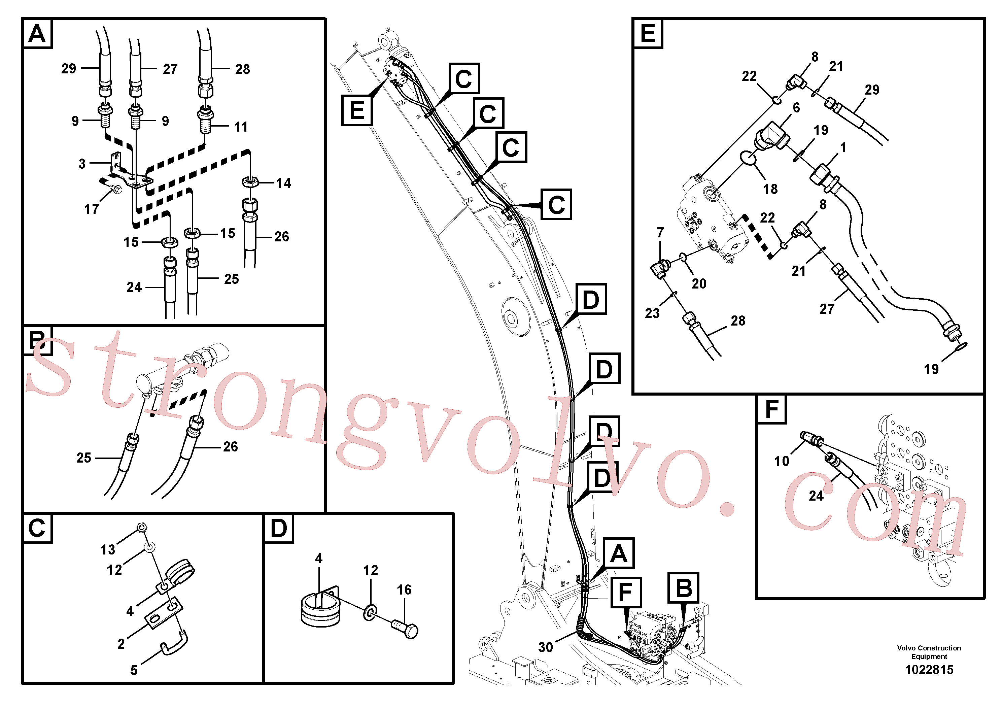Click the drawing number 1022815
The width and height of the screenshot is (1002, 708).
pyautogui.click(x=929, y=670)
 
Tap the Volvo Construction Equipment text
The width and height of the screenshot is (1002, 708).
pyautogui.click(x=929, y=652)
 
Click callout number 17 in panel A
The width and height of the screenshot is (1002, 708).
pyautogui.click(x=92, y=209)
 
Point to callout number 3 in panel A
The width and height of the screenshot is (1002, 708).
pyautogui.click(x=82, y=164)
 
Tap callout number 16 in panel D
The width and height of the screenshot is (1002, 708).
pyautogui.click(x=404, y=590)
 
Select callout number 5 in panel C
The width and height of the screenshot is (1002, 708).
pyautogui.click(x=134, y=670)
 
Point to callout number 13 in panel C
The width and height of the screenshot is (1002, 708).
pyautogui.click(x=108, y=549)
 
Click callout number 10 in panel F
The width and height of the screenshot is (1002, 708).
pyautogui.click(x=782, y=461)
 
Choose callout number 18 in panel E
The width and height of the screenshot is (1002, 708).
pyautogui.click(x=770, y=189)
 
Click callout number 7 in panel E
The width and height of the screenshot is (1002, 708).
pyautogui.click(x=660, y=233)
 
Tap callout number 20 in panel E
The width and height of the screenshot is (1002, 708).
pyautogui.click(x=699, y=284)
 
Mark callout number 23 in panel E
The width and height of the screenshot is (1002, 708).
pyautogui.click(x=652, y=313)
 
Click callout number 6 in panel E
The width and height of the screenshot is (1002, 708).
pyautogui.click(x=796, y=107)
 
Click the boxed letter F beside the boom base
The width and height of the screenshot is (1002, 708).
pyautogui.click(x=626, y=592)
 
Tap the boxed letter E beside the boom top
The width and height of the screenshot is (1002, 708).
pyautogui.click(x=357, y=110)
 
